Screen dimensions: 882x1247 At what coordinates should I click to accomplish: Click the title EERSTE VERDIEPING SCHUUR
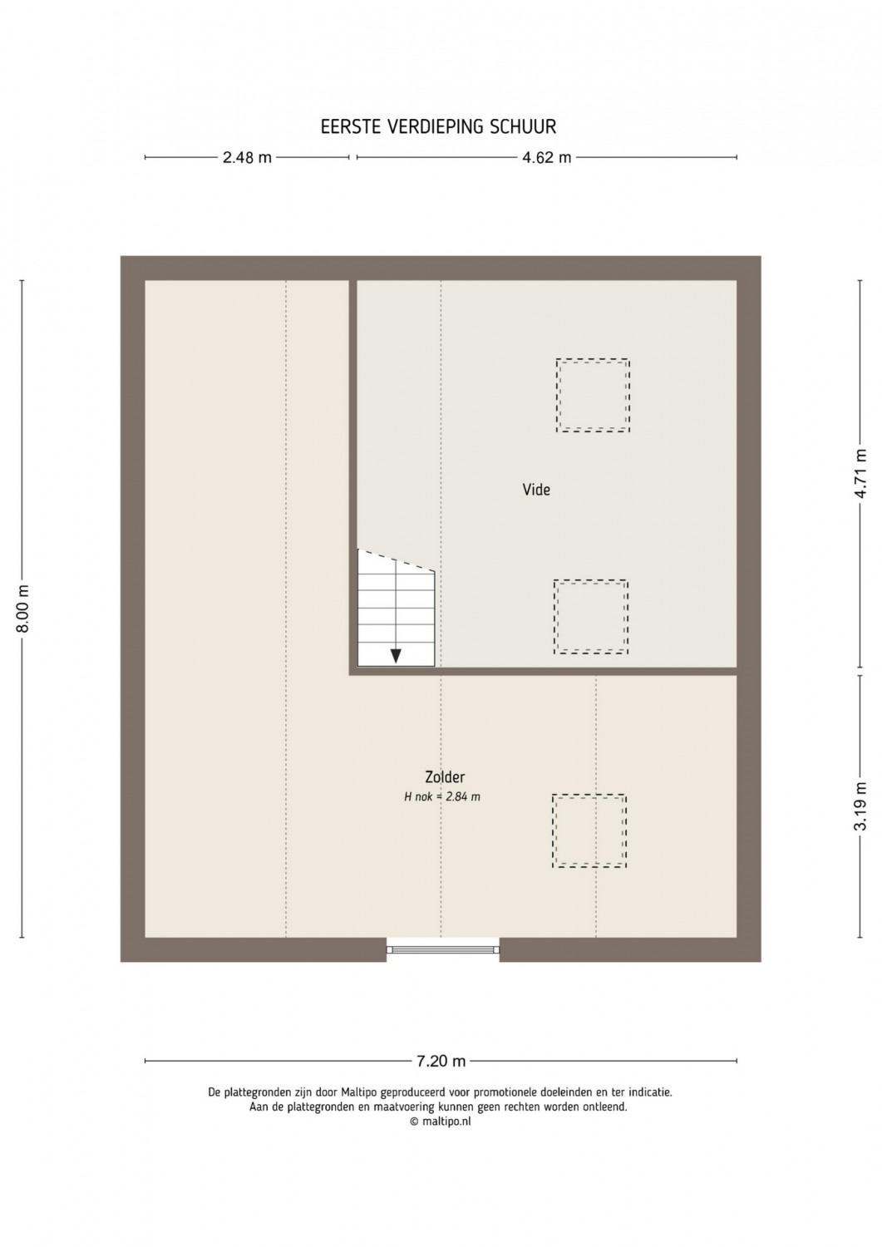(x=438, y=127)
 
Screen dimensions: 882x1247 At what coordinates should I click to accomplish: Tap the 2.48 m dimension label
(x=247, y=158)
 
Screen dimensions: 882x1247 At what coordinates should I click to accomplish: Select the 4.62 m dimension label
(x=547, y=158)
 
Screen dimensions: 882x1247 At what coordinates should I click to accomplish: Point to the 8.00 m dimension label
(x=22, y=609)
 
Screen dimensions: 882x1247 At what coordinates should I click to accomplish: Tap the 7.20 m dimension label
(x=441, y=1061)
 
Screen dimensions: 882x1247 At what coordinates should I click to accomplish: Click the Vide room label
(x=536, y=490)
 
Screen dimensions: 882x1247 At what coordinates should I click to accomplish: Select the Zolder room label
(x=445, y=776)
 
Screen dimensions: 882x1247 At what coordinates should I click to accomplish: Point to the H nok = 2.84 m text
(x=442, y=797)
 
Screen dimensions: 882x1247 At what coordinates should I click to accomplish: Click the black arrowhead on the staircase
(x=396, y=656)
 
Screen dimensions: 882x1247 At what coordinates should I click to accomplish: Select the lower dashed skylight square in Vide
(x=591, y=580)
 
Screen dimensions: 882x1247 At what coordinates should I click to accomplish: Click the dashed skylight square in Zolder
(x=589, y=795)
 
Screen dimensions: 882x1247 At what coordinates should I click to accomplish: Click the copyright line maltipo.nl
(x=441, y=1121)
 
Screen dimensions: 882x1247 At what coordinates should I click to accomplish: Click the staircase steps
(x=396, y=609)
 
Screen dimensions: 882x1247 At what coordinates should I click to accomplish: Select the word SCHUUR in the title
(x=523, y=127)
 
